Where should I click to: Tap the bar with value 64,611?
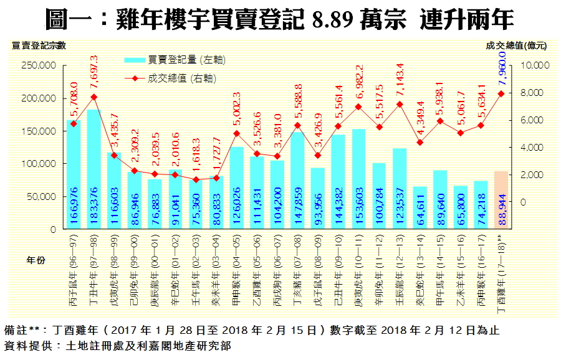[420, 207]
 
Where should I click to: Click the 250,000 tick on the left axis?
[39, 65]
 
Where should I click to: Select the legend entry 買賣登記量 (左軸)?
[175, 60]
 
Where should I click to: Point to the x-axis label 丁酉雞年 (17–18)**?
[501, 272]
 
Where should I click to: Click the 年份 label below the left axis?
[36, 260]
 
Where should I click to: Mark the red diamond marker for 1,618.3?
[196, 180]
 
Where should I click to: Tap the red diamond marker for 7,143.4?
[400, 104]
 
